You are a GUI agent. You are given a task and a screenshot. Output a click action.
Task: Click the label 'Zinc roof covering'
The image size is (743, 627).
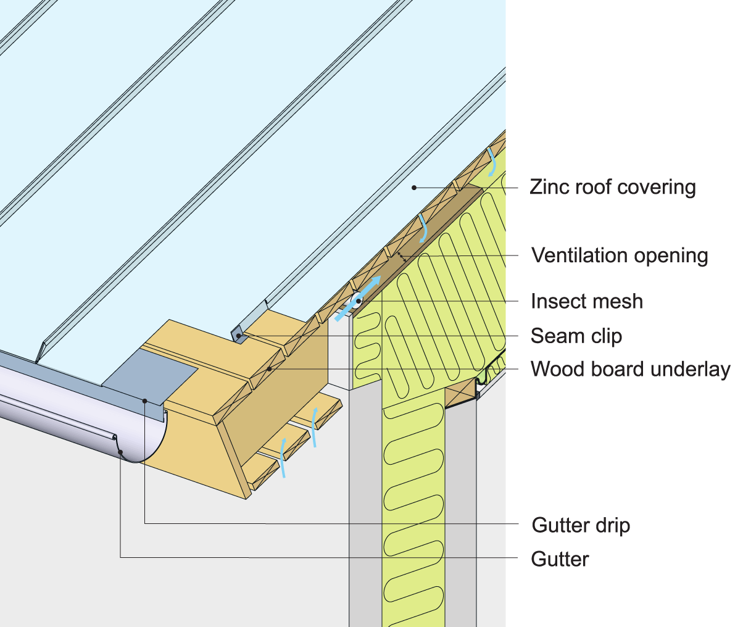tap(612, 187)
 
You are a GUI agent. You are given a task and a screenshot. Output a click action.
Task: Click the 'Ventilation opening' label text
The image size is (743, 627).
tap(620, 255)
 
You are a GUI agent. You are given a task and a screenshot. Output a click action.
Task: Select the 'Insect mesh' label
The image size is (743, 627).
tap(586, 301)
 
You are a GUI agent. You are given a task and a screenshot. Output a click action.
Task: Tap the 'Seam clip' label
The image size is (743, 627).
tap(576, 336)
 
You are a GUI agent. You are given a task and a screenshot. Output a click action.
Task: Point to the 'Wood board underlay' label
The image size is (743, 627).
tap(630, 369)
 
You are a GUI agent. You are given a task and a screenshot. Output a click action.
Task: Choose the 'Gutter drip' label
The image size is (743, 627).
tap(580, 525)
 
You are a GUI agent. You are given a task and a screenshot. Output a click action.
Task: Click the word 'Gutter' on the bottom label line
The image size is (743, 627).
tap(560, 559)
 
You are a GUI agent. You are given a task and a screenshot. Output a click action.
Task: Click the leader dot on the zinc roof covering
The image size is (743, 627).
tap(415, 187)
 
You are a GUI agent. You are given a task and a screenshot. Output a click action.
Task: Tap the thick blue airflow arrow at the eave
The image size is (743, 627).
tap(359, 299)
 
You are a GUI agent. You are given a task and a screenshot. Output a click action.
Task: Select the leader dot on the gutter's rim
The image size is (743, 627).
tap(120, 452)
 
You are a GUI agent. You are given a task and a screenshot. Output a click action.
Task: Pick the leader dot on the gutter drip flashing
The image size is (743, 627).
tap(145, 401)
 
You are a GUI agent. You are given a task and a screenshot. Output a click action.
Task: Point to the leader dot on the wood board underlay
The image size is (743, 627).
tap(270, 369)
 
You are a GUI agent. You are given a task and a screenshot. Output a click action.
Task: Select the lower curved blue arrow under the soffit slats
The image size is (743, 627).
tap(283, 457)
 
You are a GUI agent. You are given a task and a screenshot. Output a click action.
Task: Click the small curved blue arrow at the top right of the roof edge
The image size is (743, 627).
tap(492, 162)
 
